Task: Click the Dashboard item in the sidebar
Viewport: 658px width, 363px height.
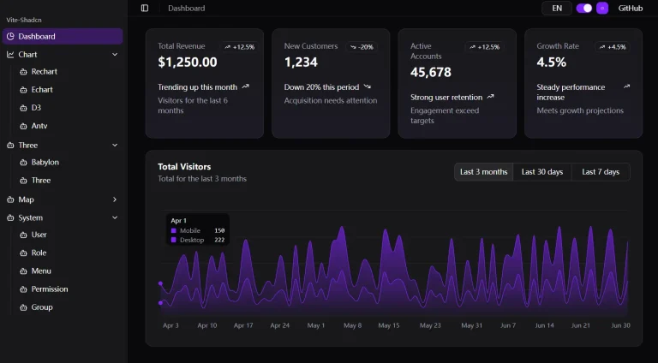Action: [37, 36]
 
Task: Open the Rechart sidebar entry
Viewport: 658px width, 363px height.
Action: [44, 72]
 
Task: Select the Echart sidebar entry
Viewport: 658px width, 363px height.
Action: [42, 90]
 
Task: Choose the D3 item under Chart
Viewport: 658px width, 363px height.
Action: [36, 108]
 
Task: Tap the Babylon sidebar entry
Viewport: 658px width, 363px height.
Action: [45, 162]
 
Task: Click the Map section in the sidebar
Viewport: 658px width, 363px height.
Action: [26, 199]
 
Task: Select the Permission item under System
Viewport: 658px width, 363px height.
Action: [50, 289]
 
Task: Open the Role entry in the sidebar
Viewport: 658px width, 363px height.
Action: [39, 253]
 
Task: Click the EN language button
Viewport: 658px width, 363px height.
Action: [557, 9]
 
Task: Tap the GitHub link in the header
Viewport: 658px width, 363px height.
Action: [630, 9]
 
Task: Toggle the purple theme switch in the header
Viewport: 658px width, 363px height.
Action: [584, 9]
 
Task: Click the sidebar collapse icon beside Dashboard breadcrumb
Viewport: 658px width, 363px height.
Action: [145, 9]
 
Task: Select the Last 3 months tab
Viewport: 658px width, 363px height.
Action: [483, 172]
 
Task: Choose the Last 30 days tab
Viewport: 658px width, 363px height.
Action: [542, 172]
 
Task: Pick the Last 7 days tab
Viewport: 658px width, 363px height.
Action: [601, 172]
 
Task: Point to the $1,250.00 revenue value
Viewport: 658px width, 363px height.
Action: [188, 62]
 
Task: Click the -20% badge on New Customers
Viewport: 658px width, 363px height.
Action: [362, 47]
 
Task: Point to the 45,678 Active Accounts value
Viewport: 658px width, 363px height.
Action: [431, 73]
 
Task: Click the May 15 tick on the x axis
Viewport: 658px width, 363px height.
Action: [389, 325]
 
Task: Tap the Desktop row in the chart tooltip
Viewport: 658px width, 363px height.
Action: [197, 240]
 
